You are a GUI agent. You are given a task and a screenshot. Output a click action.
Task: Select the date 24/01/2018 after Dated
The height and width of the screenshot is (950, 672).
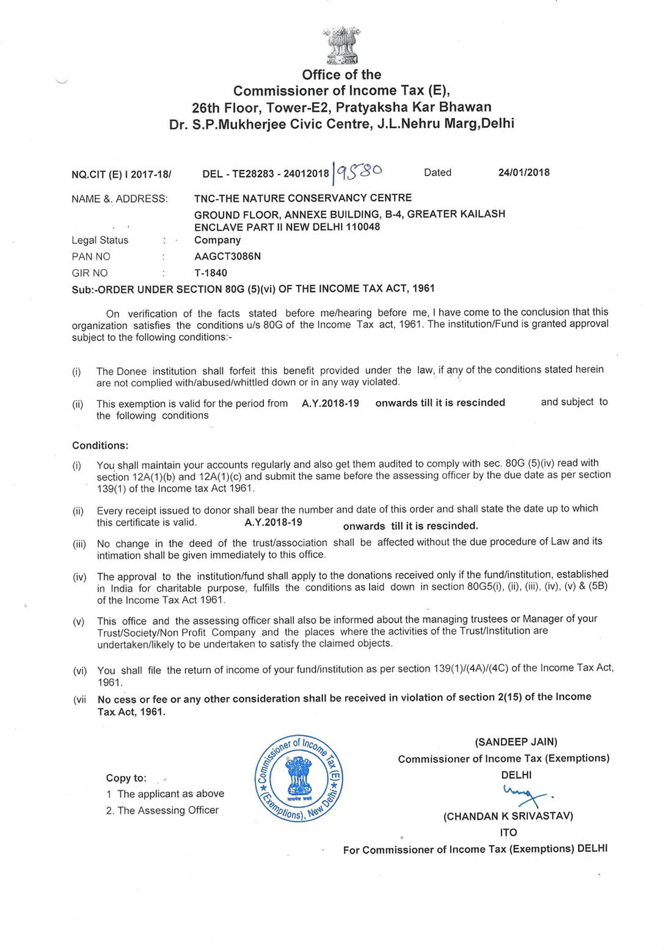(524, 172)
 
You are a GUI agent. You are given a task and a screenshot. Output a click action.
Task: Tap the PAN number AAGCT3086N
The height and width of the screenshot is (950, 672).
(227, 256)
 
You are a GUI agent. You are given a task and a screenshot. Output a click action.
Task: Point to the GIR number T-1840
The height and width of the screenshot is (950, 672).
(211, 273)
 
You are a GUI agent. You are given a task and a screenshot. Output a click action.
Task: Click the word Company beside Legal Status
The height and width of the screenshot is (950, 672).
(217, 240)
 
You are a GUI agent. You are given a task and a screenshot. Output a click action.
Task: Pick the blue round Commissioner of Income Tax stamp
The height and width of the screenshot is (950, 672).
(298, 778)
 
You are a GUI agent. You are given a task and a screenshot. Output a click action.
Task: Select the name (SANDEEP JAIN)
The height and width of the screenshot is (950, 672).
(516, 742)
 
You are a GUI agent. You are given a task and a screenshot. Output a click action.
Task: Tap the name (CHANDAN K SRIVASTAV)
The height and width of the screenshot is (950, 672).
(508, 816)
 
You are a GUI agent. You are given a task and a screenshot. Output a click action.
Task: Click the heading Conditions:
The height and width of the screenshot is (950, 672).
(100, 446)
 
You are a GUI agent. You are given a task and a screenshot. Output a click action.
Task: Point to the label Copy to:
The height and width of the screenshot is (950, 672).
(126, 778)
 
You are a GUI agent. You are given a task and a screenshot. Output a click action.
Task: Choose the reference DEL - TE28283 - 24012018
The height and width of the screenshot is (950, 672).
(265, 174)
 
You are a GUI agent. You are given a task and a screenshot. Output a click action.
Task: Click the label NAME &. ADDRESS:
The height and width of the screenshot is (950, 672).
(119, 199)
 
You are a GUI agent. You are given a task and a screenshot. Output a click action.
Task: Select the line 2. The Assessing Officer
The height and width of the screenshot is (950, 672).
(162, 810)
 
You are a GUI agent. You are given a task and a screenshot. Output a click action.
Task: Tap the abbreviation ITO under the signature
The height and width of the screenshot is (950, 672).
(508, 832)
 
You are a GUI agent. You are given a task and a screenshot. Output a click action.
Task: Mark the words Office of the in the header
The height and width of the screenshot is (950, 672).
(341, 75)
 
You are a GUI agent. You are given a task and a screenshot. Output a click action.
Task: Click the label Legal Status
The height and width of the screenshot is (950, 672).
(100, 240)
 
